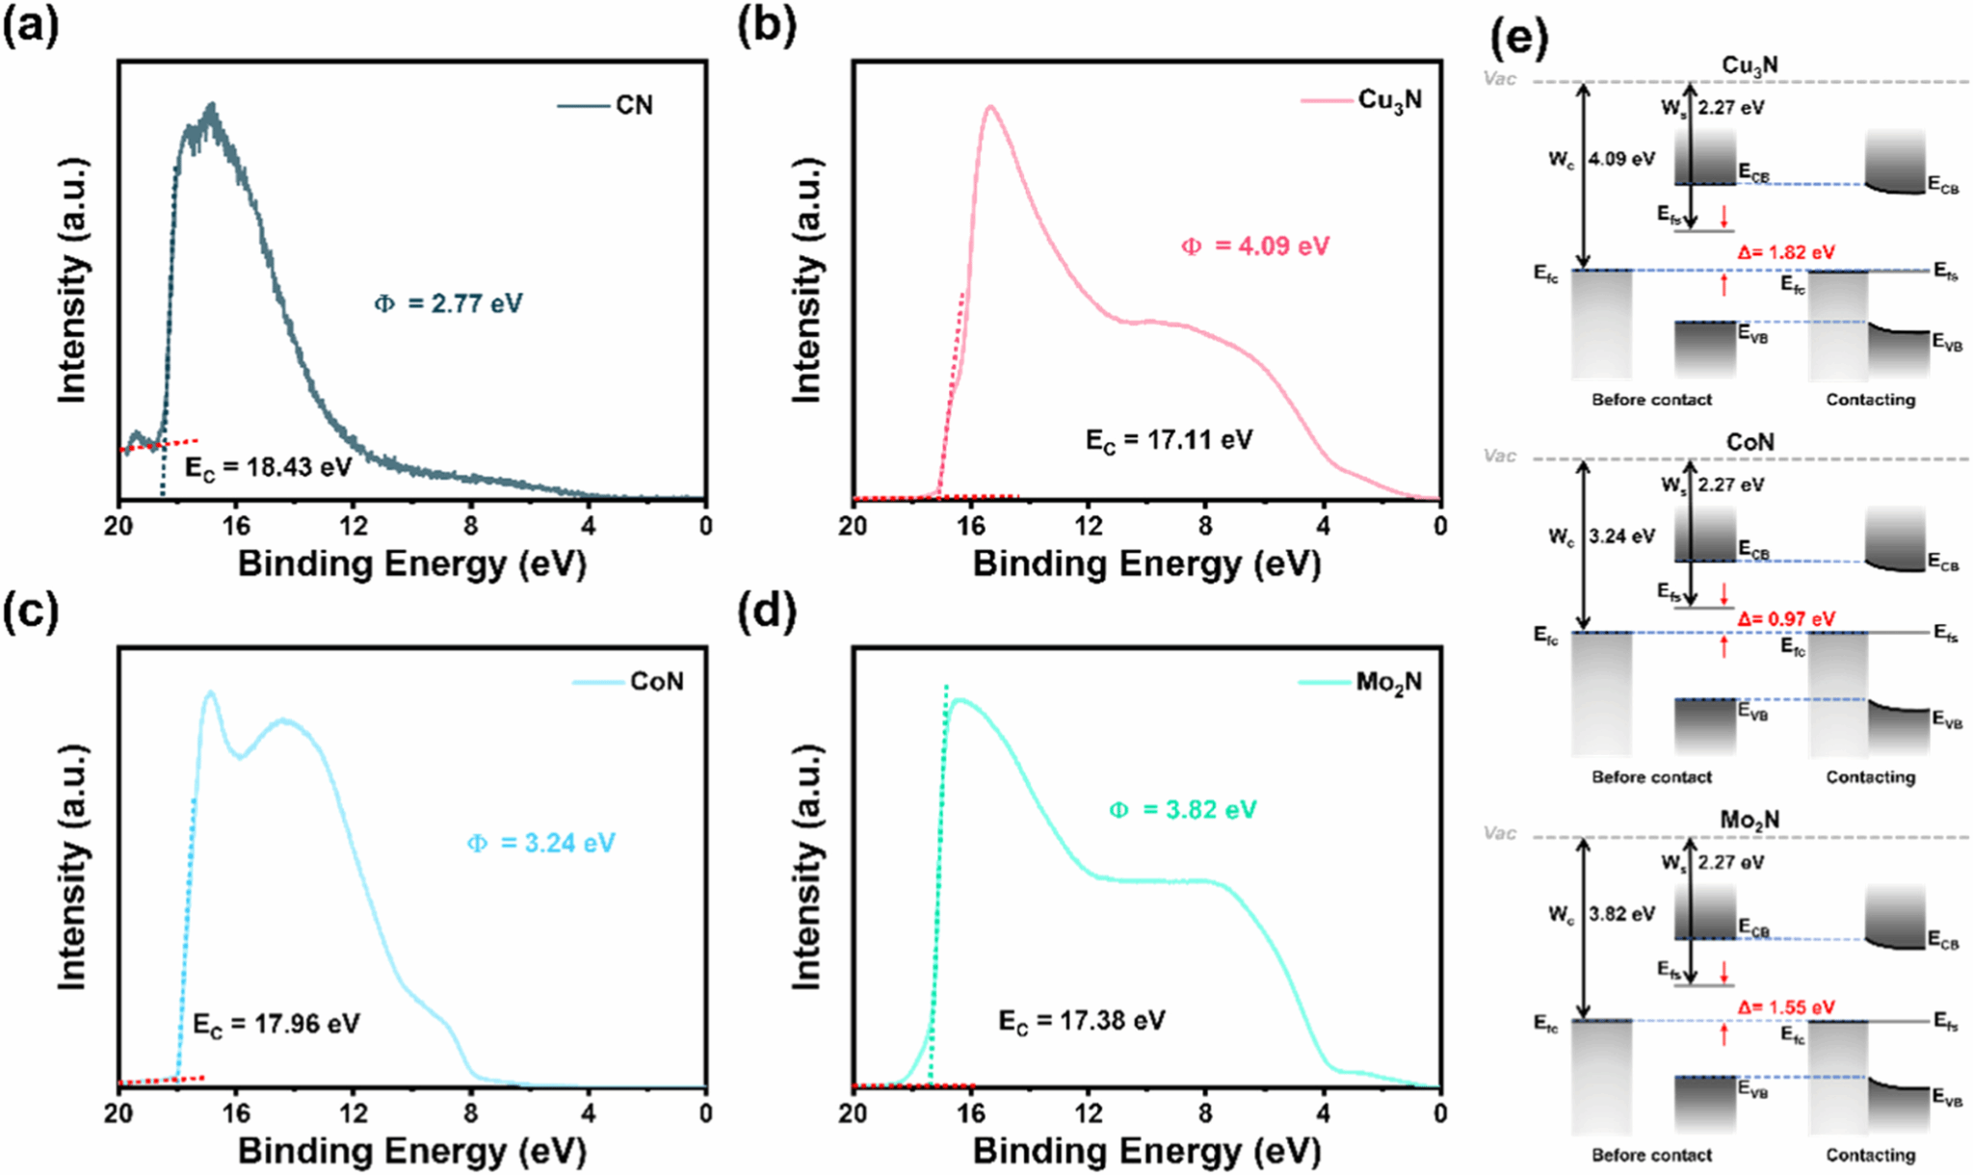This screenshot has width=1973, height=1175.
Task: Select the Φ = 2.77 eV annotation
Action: point(448,303)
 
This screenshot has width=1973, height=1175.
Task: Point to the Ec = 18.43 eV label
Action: point(269,468)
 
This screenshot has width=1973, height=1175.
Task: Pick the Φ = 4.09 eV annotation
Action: point(1255,246)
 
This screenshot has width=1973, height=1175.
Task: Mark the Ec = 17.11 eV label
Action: point(1169,440)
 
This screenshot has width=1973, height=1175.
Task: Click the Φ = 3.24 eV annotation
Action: point(540,843)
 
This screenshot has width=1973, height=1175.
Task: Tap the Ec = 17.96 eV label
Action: point(276,1023)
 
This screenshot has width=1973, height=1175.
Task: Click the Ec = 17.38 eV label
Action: point(1081,1020)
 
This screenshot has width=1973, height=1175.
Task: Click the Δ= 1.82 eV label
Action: point(1786,252)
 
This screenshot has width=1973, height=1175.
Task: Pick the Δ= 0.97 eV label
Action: point(1786,619)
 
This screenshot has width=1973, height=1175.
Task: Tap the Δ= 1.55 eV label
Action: point(1786,1007)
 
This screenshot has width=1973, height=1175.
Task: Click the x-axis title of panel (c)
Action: point(411,1150)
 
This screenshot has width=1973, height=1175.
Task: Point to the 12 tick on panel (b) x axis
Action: point(1089,525)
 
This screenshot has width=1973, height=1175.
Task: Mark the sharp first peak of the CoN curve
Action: point(210,692)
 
